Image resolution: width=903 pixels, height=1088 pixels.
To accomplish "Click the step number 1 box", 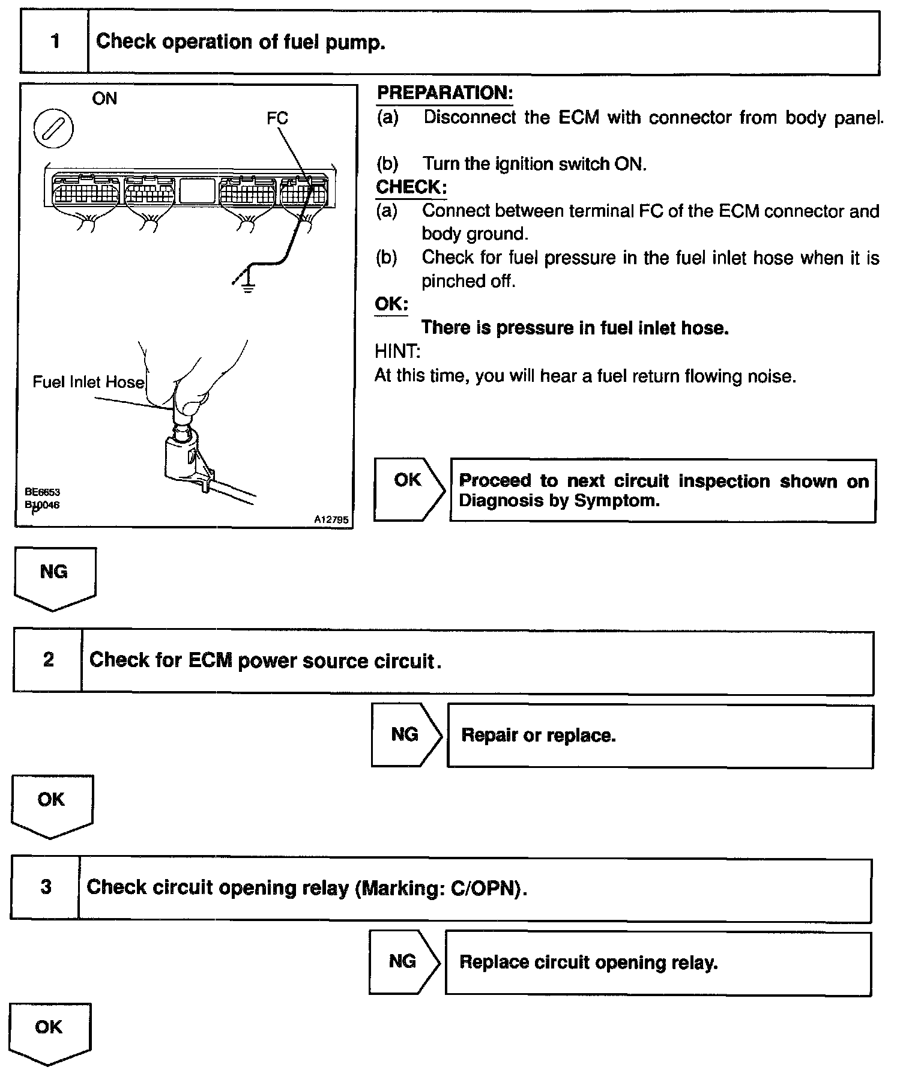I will (x=55, y=42).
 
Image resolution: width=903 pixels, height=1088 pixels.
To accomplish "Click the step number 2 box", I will (x=48, y=660).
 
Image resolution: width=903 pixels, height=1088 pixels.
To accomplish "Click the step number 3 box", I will (x=46, y=887).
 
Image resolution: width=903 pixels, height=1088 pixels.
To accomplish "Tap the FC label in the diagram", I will (x=277, y=118).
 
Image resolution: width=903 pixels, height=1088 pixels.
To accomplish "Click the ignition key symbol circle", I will (x=53, y=129).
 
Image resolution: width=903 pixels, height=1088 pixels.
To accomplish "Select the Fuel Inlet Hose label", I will (x=88, y=382).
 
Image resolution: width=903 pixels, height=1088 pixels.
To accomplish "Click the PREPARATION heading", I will (x=444, y=93).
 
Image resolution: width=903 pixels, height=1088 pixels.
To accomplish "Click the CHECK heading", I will (x=411, y=187).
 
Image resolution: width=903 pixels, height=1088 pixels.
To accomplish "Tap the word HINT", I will (x=397, y=351).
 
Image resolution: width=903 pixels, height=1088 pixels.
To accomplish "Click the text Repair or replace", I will (x=538, y=736).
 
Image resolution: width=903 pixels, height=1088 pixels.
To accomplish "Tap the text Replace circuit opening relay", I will (x=588, y=963).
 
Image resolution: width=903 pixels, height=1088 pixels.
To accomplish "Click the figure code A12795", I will (x=331, y=520).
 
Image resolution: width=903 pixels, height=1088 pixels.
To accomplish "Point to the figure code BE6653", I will (x=42, y=492).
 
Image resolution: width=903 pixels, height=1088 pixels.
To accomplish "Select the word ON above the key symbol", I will (x=104, y=98).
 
